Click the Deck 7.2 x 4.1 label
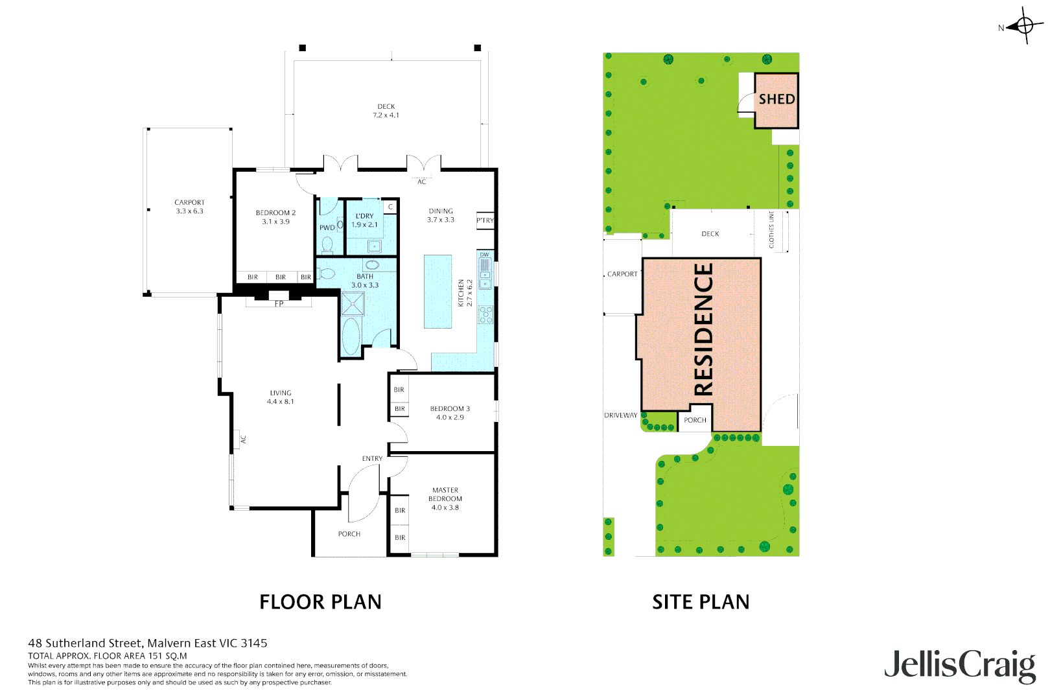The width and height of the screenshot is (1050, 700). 386,111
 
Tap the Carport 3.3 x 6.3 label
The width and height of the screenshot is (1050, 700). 189,207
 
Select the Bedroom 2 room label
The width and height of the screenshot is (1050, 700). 275,217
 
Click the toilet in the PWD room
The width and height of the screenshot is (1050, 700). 327,245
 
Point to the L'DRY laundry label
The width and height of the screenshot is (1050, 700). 364,220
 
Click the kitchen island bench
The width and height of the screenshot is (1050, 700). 437,291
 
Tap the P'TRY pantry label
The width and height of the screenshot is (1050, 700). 485,220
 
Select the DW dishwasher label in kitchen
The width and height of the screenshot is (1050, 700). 484,255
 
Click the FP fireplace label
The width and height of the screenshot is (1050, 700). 279,304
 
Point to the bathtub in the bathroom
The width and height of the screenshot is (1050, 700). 351,336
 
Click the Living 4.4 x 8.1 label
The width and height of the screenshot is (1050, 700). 281,397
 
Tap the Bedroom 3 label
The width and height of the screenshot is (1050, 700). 450,413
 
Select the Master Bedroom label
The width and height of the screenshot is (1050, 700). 445,499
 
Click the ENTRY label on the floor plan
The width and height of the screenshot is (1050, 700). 372,459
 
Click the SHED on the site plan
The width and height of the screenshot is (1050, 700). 776,100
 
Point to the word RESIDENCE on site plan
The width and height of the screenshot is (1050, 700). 704,329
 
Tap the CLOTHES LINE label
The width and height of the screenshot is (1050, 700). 771,229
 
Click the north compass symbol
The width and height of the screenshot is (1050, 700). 1025,26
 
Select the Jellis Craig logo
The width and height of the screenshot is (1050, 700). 960,665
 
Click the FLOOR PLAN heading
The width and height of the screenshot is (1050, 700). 320,602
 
